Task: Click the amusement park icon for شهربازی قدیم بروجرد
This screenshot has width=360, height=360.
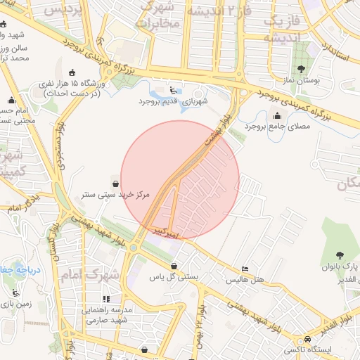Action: pos(174,90)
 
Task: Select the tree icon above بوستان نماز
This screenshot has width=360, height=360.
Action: pos(302,69)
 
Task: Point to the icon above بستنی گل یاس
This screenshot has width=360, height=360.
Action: pos(174,266)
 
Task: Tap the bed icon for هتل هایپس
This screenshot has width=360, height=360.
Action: pos(245,269)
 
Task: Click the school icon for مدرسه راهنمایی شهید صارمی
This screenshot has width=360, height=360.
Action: pos(106,300)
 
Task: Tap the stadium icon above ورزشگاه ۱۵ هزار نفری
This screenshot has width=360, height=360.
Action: pos(72,72)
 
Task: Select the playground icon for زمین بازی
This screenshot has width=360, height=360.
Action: pos(15,293)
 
